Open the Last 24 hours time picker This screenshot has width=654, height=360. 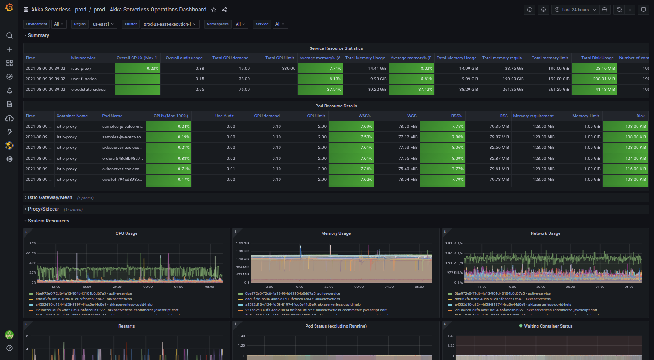(x=575, y=10)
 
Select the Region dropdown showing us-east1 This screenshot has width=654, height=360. (x=104, y=24)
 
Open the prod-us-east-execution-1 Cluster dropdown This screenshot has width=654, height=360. (x=169, y=24)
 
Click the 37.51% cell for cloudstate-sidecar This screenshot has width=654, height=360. (x=320, y=90)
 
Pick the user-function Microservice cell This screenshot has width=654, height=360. (x=84, y=79)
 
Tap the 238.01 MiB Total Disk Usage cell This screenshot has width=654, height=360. (x=594, y=79)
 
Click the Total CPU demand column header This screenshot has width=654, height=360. (x=230, y=58)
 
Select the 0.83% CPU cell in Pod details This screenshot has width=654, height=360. (x=169, y=159)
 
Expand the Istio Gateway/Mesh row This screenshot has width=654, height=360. (x=50, y=198)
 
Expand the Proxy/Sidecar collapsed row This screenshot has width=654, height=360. (x=43, y=209)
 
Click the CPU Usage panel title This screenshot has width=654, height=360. (x=127, y=233)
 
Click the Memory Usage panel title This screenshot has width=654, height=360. (x=336, y=233)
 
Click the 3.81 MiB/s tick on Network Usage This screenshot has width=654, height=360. (x=454, y=244)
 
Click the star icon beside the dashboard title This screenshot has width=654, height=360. (x=213, y=10)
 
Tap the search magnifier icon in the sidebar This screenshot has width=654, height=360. (x=9, y=36)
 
